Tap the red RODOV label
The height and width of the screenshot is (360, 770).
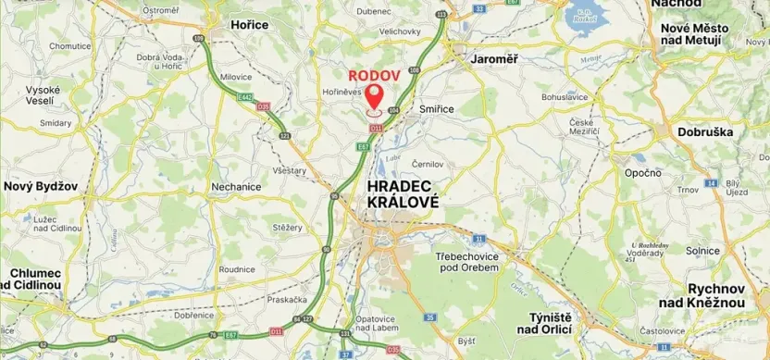[x=374, y=75]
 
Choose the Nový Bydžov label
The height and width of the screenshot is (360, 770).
[x=40, y=185]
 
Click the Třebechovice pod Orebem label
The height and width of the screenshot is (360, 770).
[x=467, y=261]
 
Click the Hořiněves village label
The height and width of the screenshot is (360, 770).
[x=341, y=93]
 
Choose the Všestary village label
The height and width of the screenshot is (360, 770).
[x=292, y=171]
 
